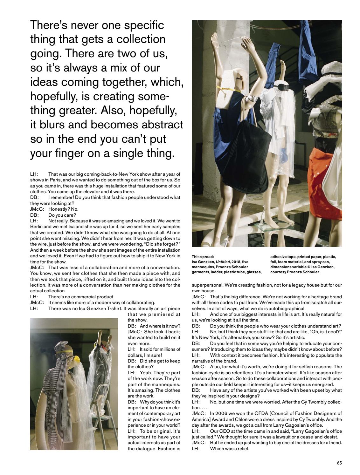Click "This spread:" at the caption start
(x=203, y=257)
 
